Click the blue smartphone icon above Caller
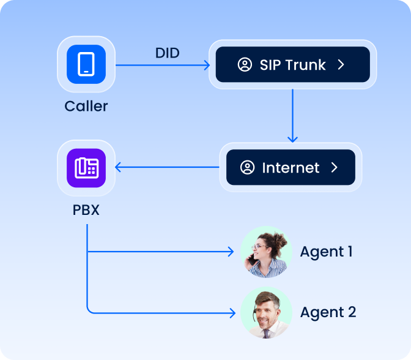tap(86, 64)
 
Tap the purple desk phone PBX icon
tap(86, 167)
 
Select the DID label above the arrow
tap(167, 53)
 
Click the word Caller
tap(86, 106)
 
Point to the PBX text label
tap(86, 211)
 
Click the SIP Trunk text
tap(292, 65)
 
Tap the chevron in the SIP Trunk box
tap(341, 65)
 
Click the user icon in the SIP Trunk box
tap(245, 65)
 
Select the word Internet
tap(291, 168)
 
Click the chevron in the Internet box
tap(334, 168)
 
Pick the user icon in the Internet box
tap(247, 168)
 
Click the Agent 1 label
tap(326, 252)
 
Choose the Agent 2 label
tap(328, 312)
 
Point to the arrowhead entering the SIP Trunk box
tap(207, 64)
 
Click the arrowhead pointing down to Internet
tap(293, 139)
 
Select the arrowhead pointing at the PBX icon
tap(119, 167)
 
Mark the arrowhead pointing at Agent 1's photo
tap(231, 252)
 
